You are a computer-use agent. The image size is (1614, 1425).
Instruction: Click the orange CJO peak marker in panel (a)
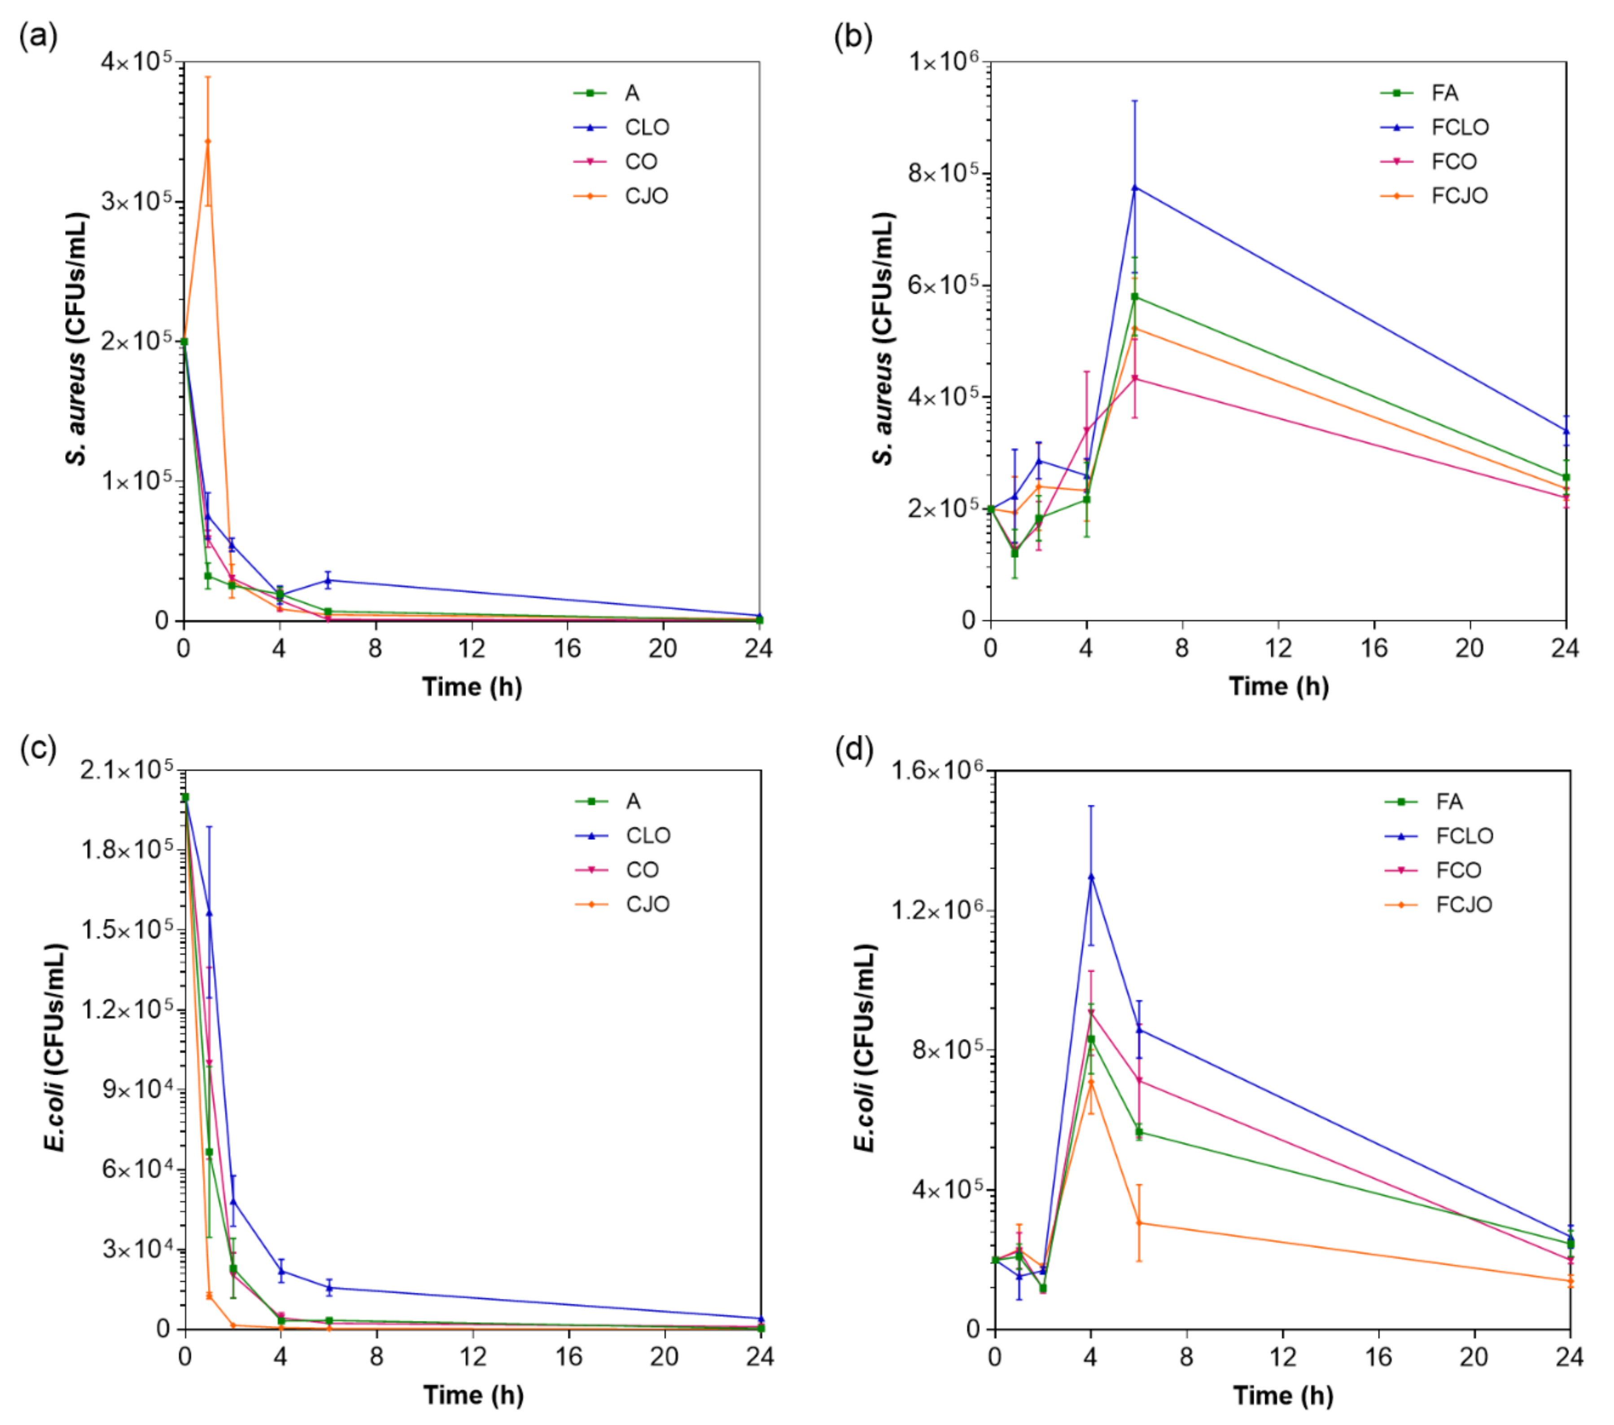click(208, 141)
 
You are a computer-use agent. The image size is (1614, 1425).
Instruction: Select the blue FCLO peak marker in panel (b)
click(1135, 187)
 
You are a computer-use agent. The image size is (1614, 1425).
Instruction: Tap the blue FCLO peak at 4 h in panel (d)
click(1091, 876)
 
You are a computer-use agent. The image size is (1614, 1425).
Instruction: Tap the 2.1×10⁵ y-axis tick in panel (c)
click(127, 770)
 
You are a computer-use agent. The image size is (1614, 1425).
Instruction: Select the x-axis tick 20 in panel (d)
click(1474, 1357)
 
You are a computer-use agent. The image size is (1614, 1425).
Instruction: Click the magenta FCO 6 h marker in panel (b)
click(1135, 378)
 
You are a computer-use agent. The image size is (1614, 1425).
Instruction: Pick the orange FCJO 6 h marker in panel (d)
click(1139, 1223)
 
